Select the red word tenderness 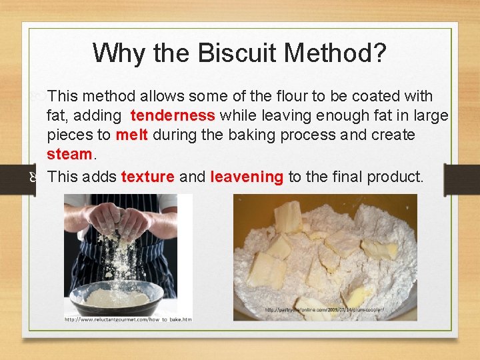point(173,116)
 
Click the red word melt point(132,135)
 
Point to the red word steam point(69,154)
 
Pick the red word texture point(148,177)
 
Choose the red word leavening point(247,177)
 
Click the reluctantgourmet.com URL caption point(127,319)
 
